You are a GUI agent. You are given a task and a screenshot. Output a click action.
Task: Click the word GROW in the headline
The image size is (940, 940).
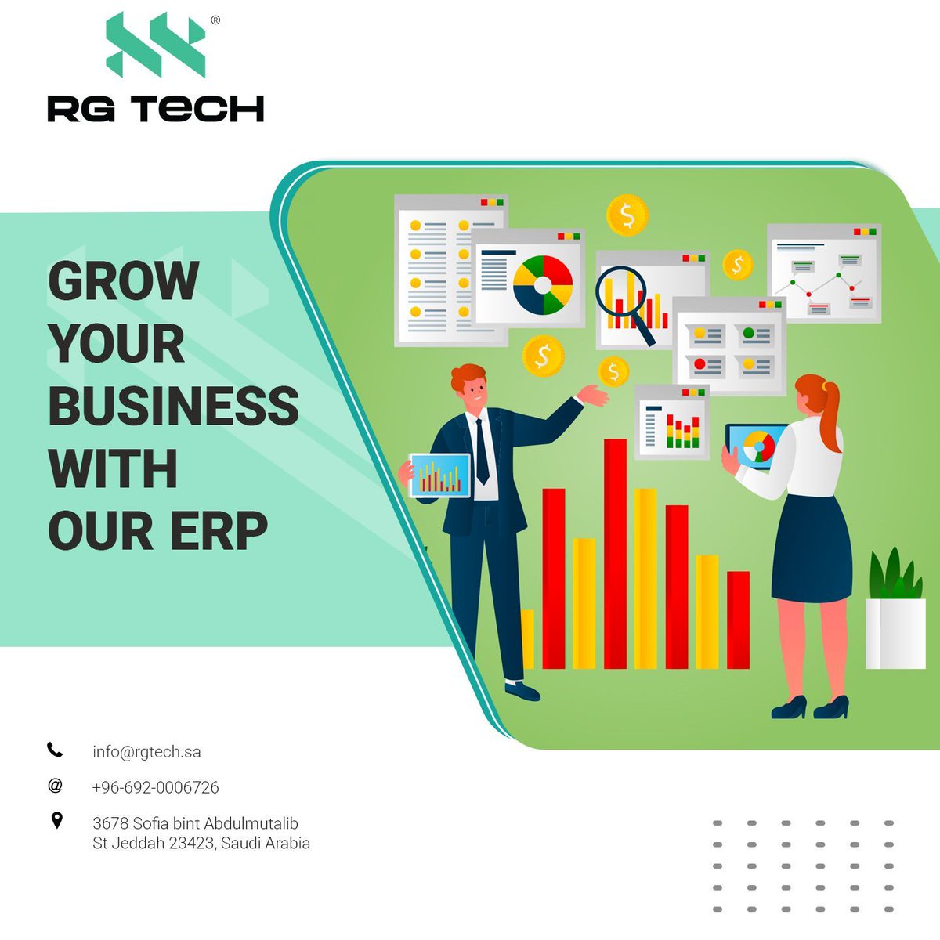coord(124,280)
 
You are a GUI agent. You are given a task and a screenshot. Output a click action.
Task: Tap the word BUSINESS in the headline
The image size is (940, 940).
coord(173,406)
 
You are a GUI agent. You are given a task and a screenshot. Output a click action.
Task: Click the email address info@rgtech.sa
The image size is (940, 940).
coord(146,752)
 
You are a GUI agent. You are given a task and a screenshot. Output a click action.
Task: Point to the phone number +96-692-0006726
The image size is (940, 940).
coord(155,787)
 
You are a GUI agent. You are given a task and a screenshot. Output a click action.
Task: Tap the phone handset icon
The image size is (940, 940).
coord(54,750)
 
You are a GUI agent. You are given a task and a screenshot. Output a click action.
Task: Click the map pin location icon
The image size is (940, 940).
coord(56,820)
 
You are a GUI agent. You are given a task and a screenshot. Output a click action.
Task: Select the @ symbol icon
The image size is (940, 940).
coord(55,786)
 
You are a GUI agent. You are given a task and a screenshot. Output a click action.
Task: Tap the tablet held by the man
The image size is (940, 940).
coord(439,475)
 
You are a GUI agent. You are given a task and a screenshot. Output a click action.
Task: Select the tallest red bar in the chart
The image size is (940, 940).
coord(615,553)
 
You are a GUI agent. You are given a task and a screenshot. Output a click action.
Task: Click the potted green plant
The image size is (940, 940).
coord(895,611)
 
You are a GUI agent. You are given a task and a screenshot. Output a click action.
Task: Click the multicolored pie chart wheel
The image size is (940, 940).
coord(543,284)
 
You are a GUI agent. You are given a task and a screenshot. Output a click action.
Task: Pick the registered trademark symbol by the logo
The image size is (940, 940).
coord(215,21)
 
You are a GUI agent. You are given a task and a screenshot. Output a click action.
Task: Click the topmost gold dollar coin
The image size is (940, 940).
coord(627,215)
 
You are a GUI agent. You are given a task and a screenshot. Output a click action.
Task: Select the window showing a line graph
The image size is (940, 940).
coord(824,274)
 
